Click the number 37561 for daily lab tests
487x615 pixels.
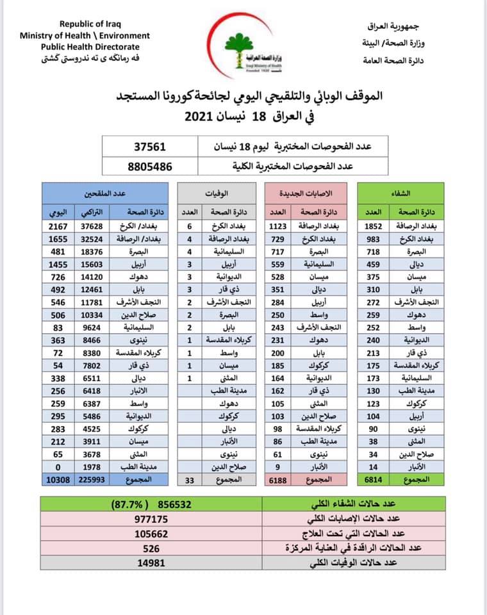tap(150, 147)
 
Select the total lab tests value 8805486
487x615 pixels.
tap(150, 165)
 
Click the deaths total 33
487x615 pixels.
tap(190, 480)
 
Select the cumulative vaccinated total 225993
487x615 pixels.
tap(95, 480)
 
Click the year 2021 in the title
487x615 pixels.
tap(202, 117)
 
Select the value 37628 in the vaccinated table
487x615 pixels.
tap(95, 226)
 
